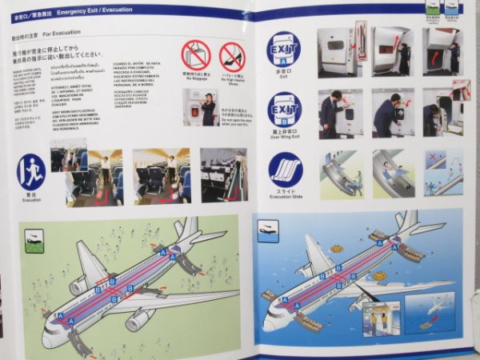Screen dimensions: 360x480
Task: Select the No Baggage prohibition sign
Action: [195, 58]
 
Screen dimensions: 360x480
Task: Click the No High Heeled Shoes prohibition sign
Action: [232, 58]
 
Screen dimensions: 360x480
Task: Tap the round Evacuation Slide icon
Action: [285, 170]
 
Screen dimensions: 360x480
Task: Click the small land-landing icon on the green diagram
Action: [34, 240]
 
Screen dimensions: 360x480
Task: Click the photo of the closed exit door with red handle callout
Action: [338, 51]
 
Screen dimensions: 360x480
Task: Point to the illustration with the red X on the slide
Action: [443, 171]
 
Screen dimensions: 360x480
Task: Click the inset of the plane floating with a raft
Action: [429, 312]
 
